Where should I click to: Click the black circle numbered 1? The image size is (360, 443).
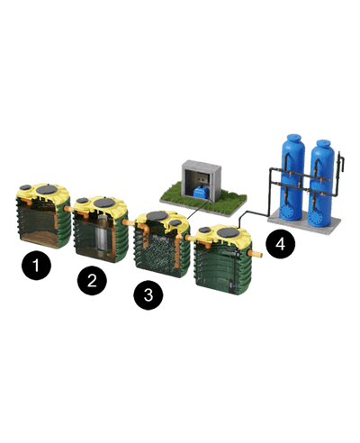[36, 266]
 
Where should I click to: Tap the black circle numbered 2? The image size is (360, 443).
[92, 280]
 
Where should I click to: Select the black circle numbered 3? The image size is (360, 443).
[148, 294]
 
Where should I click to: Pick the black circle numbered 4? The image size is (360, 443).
[280, 244]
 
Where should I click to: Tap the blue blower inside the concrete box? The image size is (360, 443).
[202, 192]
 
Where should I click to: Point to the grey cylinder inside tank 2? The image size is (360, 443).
[102, 232]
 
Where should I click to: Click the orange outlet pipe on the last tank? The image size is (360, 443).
[255, 254]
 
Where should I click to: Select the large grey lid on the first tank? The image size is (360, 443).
[47, 189]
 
